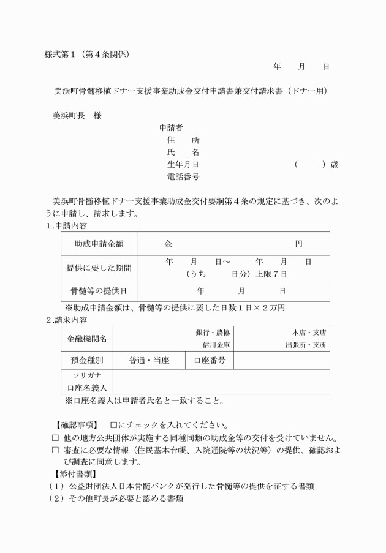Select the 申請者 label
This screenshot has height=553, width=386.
tap(171, 128)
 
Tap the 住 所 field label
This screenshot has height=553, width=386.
tap(183, 140)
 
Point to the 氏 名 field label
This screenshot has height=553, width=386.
tap(183, 152)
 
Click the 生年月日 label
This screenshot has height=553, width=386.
tap(183, 165)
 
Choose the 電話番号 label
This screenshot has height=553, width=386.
tap(183, 177)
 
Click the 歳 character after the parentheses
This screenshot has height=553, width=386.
tap(334, 165)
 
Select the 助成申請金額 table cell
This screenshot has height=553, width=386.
tap(99, 244)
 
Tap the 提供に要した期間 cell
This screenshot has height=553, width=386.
tap(99, 268)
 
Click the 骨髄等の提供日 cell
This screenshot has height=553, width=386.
tap(99, 290)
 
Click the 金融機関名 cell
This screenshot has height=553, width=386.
tap(86, 338)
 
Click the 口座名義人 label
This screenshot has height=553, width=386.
tap(86, 388)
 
